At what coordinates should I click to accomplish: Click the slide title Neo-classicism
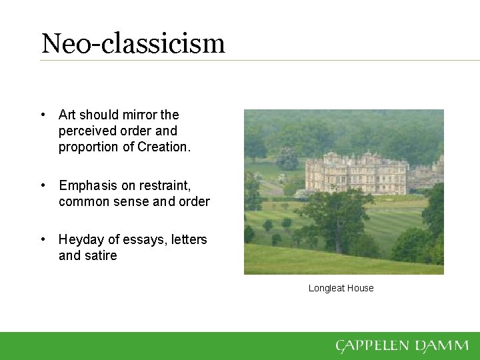pyautogui.click(x=133, y=43)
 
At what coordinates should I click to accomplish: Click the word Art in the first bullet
pyautogui.click(x=67, y=115)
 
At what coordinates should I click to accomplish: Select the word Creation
pyautogui.click(x=163, y=147)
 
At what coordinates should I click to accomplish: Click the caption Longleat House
pyautogui.click(x=341, y=288)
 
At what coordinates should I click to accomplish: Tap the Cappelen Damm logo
pyautogui.click(x=402, y=345)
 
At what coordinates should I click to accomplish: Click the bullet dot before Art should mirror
pyautogui.click(x=43, y=115)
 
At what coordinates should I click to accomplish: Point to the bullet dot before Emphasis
pyautogui.click(x=43, y=185)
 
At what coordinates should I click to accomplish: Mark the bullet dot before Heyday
pyautogui.click(x=43, y=239)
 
